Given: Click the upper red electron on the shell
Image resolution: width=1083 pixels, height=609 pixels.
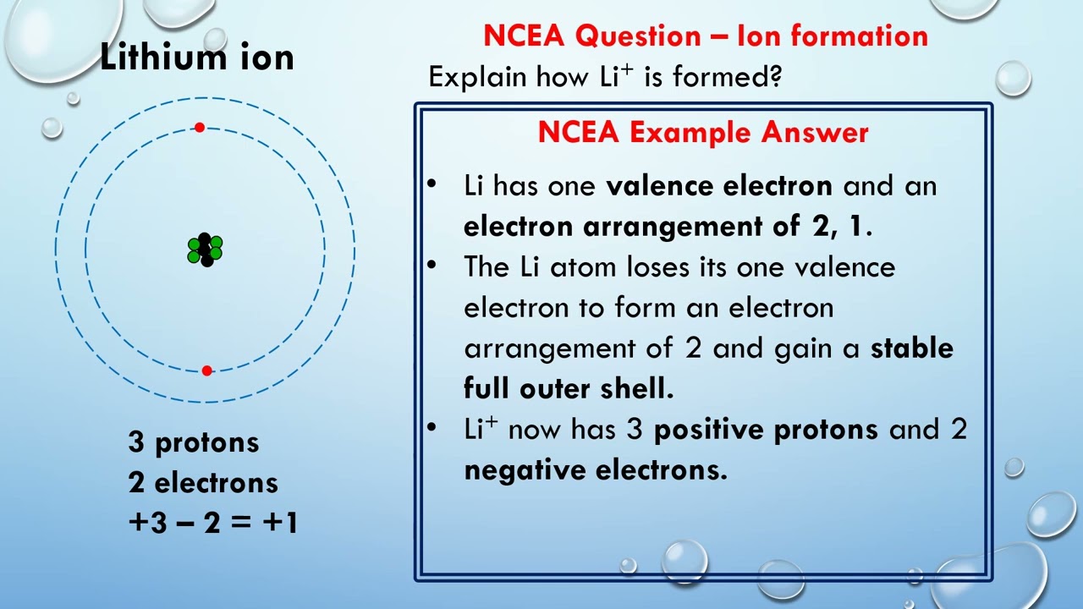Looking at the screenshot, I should point(199,128).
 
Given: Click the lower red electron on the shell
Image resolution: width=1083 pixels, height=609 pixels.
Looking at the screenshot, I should point(206,370).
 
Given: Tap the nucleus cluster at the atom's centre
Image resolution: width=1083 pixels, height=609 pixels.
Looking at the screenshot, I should point(205,250).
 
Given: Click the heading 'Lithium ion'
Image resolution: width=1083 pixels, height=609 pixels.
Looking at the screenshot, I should point(196,58).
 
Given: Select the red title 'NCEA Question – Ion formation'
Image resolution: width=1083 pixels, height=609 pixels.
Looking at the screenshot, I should point(705,36).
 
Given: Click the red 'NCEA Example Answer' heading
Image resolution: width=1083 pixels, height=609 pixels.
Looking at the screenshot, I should point(702,133).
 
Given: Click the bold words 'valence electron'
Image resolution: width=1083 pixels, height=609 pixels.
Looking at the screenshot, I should point(719,186).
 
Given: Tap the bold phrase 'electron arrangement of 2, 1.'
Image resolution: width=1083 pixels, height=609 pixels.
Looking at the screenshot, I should point(668,227).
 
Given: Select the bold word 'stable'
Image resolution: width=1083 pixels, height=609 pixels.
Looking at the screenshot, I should point(911,348).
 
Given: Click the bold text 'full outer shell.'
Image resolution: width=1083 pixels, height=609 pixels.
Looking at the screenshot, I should point(569,388).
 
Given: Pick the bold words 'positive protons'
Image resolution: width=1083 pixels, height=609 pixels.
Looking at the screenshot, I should point(766,430).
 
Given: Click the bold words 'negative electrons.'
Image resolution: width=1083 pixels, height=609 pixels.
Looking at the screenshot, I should point(595,469).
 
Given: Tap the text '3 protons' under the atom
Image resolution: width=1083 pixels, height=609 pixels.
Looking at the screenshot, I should point(194,442).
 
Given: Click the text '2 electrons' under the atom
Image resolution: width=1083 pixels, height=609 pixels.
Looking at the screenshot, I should point(203,483).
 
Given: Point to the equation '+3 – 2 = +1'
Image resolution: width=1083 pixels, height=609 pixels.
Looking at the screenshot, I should point(212,523).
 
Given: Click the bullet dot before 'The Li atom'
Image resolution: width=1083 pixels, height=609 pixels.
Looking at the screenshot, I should point(432,266).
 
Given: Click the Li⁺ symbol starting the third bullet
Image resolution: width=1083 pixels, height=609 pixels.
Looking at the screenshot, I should point(480,429).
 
